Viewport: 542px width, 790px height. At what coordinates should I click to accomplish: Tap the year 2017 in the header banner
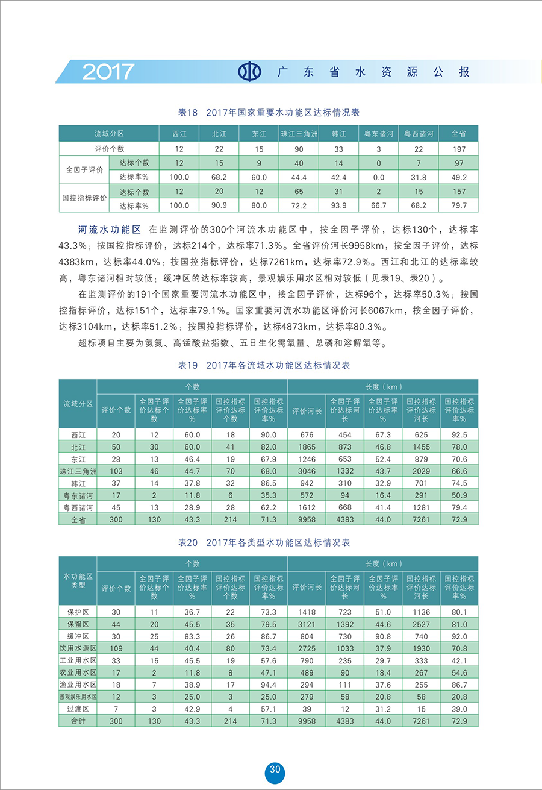pyautogui.click(x=108, y=72)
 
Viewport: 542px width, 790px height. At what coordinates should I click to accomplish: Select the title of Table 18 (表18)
pyautogui.click(x=269, y=113)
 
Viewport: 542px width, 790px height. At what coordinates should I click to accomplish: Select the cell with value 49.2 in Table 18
pyautogui.click(x=459, y=177)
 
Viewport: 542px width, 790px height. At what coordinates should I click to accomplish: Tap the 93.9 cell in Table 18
pyautogui.click(x=338, y=205)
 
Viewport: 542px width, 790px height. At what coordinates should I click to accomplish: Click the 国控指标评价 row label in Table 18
pyautogui.click(x=84, y=198)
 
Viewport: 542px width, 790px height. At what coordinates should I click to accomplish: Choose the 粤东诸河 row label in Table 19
pyautogui.click(x=78, y=495)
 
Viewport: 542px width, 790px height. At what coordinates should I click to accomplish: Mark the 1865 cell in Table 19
pyautogui.click(x=307, y=447)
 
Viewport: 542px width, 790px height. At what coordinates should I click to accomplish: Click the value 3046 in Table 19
pyautogui.click(x=307, y=471)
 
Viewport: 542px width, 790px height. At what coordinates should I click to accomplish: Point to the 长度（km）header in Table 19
pyautogui.click(x=383, y=386)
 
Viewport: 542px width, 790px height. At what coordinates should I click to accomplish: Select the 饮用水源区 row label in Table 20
pyautogui.click(x=78, y=648)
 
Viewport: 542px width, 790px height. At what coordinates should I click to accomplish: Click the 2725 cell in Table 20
pyautogui.click(x=307, y=648)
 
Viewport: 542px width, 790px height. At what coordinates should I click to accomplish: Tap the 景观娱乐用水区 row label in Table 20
pyautogui.click(x=78, y=697)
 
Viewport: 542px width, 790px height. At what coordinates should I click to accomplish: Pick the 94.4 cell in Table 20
pyautogui.click(x=269, y=685)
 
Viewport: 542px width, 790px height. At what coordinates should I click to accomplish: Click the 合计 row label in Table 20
pyautogui.click(x=78, y=721)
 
